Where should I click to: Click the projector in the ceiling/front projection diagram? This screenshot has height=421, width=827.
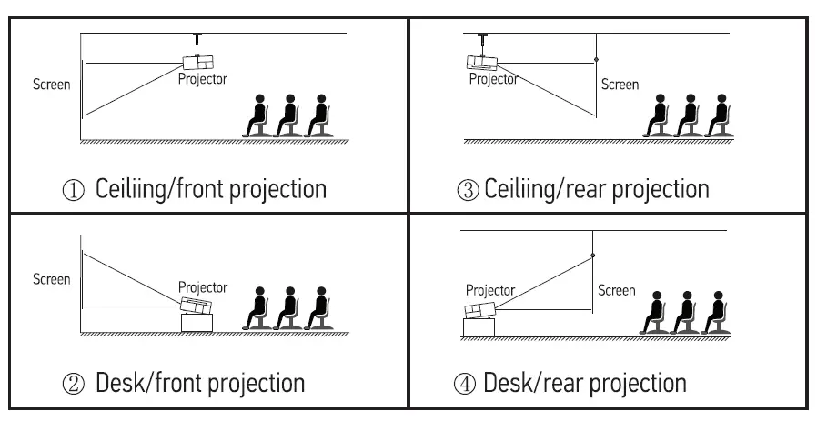click(x=198, y=63)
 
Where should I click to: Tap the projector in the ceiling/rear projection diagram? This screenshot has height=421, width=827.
click(x=483, y=63)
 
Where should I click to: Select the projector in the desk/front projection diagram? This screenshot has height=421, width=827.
click(x=197, y=306)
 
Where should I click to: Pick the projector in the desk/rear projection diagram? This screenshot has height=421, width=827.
click(x=480, y=311)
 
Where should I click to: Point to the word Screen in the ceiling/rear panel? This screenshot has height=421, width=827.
click(x=620, y=85)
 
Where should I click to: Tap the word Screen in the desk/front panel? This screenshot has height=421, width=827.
click(x=51, y=280)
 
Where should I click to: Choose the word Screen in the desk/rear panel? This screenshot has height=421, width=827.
click(x=616, y=291)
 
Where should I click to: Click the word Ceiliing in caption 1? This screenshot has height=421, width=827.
click(x=129, y=190)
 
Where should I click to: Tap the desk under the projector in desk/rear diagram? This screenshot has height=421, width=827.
click(x=480, y=327)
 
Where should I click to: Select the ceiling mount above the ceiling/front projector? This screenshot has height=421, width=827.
click(x=196, y=43)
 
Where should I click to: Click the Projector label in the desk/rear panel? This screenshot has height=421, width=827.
click(x=489, y=291)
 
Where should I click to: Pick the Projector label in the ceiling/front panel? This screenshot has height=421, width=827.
click(x=202, y=79)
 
